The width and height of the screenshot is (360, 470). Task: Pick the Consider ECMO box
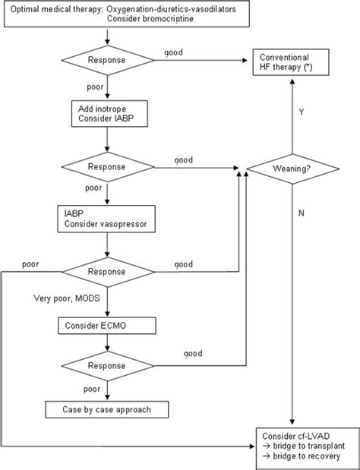pos(108,325)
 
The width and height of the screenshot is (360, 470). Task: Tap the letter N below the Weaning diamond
pos(301,213)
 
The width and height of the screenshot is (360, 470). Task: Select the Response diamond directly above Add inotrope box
pos(106,59)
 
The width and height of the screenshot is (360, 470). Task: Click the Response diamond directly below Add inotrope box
pos(106,165)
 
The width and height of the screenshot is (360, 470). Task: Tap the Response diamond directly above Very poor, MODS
pos(106,270)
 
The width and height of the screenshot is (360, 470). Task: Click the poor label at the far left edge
pos(31,263)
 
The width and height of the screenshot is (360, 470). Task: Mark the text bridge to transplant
pos(304,447)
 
